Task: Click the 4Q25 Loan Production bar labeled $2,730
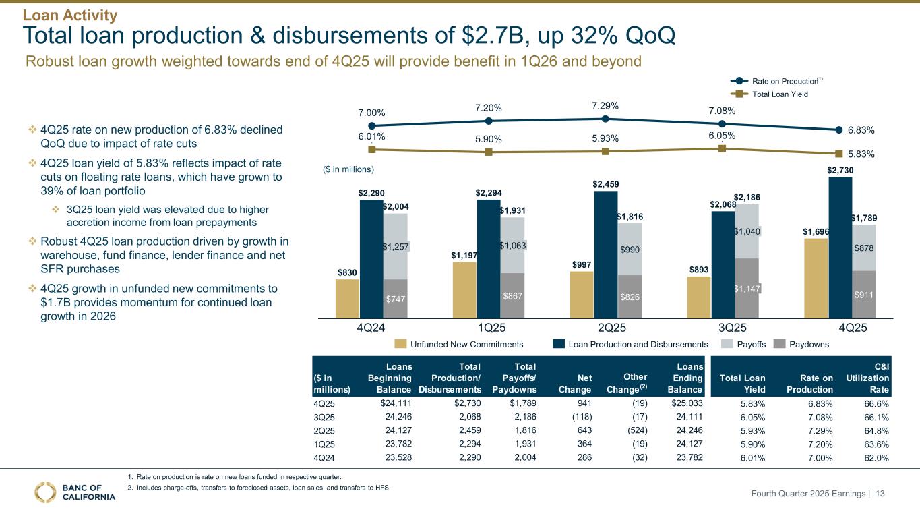(840, 247)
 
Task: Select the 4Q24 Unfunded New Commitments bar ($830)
(347, 299)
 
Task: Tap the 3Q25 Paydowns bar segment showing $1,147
(746, 288)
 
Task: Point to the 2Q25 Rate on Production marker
(605, 119)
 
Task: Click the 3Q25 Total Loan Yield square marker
(722, 148)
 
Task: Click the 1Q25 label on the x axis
(488, 328)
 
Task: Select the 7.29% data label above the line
(605, 106)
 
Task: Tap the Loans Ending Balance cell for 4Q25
(687, 404)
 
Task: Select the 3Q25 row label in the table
(324, 418)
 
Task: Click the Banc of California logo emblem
(47, 492)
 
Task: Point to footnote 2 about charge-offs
(259, 488)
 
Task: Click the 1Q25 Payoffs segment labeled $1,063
(512, 246)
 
